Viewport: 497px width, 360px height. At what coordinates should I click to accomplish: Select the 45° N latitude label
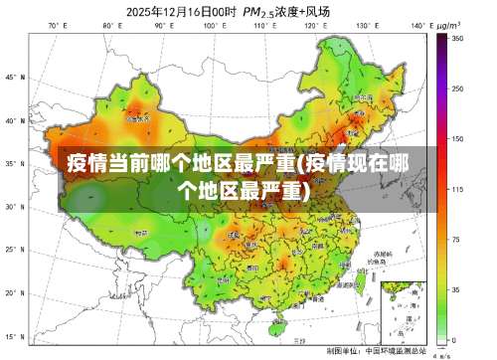pyautogui.click(x=13, y=77)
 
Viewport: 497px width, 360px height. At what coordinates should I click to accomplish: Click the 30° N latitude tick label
pyautogui.click(x=13, y=207)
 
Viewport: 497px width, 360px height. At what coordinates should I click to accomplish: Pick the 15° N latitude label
pyautogui.click(x=13, y=337)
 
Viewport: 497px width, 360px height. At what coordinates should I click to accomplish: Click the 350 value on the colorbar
pyautogui.click(x=458, y=38)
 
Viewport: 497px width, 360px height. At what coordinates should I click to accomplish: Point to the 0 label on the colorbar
pyautogui.click(x=454, y=339)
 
